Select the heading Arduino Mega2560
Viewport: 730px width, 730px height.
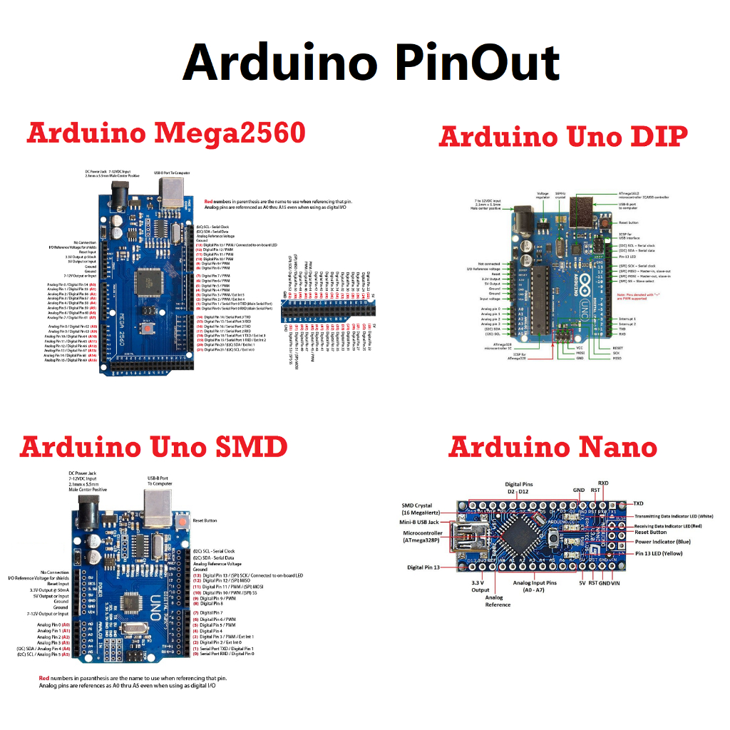[166, 133]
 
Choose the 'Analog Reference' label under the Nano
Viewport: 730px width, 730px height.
[498, 600]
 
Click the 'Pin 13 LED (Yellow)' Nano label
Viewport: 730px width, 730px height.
[659, 553]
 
